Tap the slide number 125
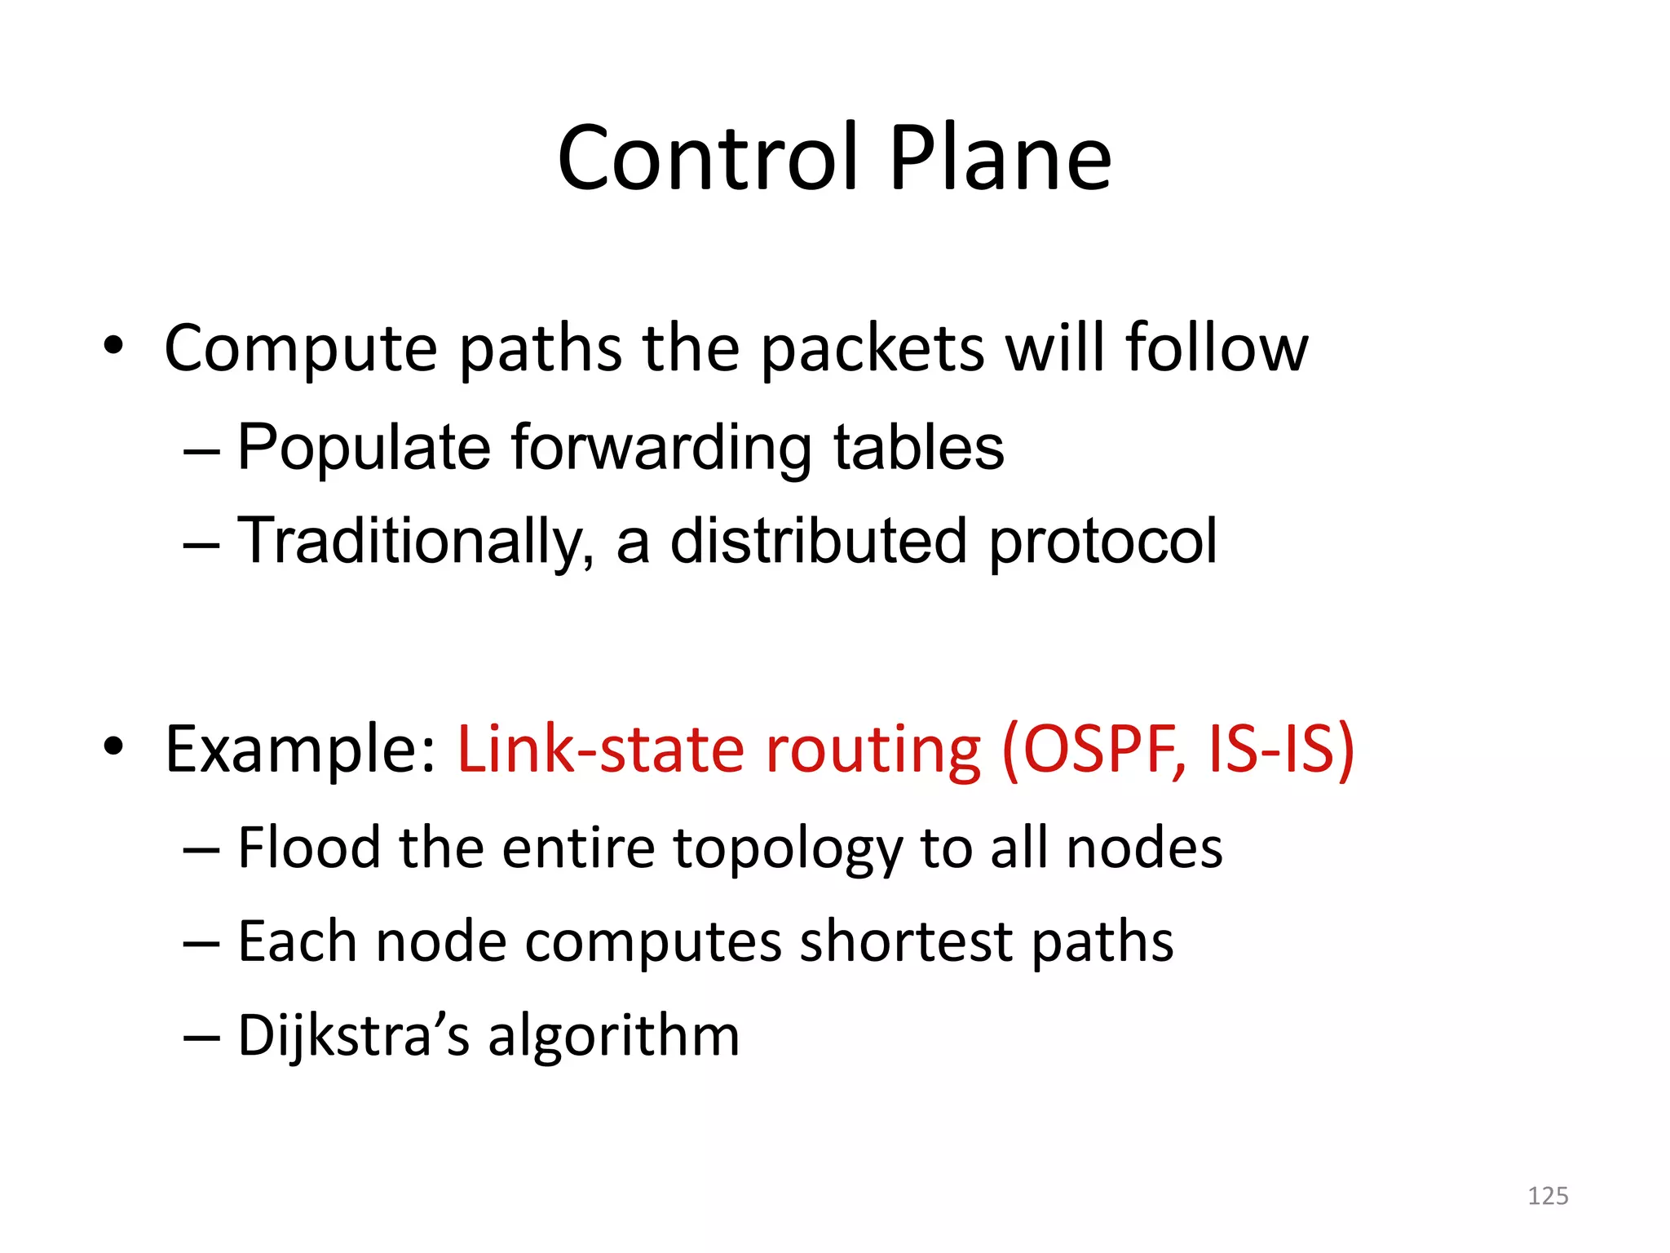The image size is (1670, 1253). pyautogui.click(x=1548, y=1196)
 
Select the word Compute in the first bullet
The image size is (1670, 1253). pyautogui.click(x=301, y=349)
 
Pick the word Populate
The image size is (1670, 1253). pyautogui.click(x=364, y=449)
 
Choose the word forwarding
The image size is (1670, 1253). pyautogui.click(x=661, y=449)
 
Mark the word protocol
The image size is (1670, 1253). pyautogui.click(x=1102, y=542)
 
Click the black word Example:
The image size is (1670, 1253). pyautogui.click(x=301, y=749)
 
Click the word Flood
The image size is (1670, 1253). pyautogui.click(x=309, y=848)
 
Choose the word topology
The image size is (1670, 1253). pyautogui.click(x=787, y=849)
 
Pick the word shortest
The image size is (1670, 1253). pyautogui.click(x=905, y=941)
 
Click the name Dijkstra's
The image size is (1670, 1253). pyautogui.click(x=353, y=1035)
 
